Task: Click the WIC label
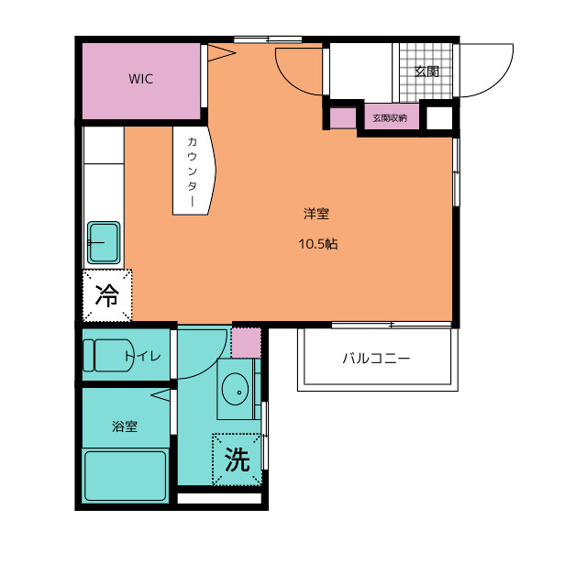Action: click(x=140, y=79)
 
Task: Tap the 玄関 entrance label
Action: click(x=426, y=72)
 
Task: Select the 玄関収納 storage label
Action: click(x=390, y=118)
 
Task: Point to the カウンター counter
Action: click(x=194, y=171)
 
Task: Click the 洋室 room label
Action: click(x=316, y=214)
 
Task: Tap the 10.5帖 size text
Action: click(x=318, y=244)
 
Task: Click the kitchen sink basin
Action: click(x=104, y=242)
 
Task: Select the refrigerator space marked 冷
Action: click(x=107, y=295)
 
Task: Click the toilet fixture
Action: click(x=108, y=355)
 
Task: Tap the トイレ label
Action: click(x=143, y=356)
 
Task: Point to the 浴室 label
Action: click(x=125, y=426)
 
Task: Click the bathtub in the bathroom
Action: click(x=126, y=476)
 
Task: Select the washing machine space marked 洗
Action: click(x=237, y=460)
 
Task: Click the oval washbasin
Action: click(x=235, y=389)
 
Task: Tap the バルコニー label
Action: click(x=377, y=359)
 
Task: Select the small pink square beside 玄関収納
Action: click(x=343, y=118)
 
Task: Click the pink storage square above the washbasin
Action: click(x=246, y=343)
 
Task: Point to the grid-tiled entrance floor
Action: click(x=426, y=72)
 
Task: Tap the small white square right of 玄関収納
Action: click(x=440, y=118)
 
